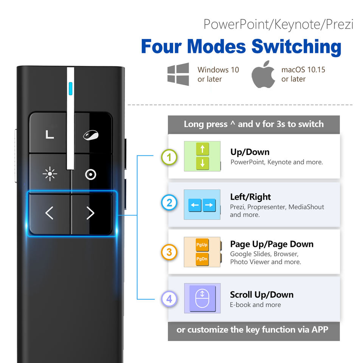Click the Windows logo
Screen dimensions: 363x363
(178, 74)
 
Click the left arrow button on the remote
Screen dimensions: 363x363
(50, 213)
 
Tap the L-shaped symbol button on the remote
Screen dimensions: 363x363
(50, 134)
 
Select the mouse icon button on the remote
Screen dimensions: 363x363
(91, 135)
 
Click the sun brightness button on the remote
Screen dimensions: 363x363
(50, 174)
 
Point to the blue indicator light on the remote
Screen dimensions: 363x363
(70, 88)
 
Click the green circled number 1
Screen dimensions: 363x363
(169, 157)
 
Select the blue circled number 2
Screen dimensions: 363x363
(169, 203)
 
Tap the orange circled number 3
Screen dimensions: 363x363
(169, 253)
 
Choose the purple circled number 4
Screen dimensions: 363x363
(169, 299)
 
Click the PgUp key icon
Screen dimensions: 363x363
(202, 245)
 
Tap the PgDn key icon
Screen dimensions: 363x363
(202, 259)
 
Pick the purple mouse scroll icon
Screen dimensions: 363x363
(202, 298)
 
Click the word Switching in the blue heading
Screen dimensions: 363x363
(296, 47)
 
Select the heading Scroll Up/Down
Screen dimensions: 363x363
(262, 295)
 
